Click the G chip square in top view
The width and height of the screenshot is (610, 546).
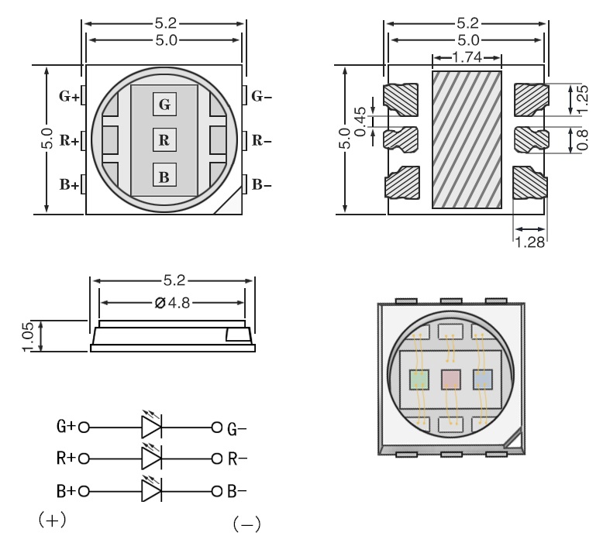164,104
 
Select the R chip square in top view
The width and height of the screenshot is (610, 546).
164,140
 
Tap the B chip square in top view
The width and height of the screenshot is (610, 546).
164,177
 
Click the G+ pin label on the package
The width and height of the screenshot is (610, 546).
69,97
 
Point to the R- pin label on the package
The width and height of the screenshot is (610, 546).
262,141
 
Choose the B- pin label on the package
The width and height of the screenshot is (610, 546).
262,184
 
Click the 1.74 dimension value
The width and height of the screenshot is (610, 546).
467,58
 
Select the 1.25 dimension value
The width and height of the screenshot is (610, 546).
583,98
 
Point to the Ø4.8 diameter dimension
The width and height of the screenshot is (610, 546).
171,302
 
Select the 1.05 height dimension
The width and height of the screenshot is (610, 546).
28,336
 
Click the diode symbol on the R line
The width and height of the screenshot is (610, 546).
150,458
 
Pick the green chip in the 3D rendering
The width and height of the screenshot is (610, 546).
419,379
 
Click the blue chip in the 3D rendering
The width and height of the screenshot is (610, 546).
483,379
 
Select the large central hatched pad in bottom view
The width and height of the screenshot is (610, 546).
466,139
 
